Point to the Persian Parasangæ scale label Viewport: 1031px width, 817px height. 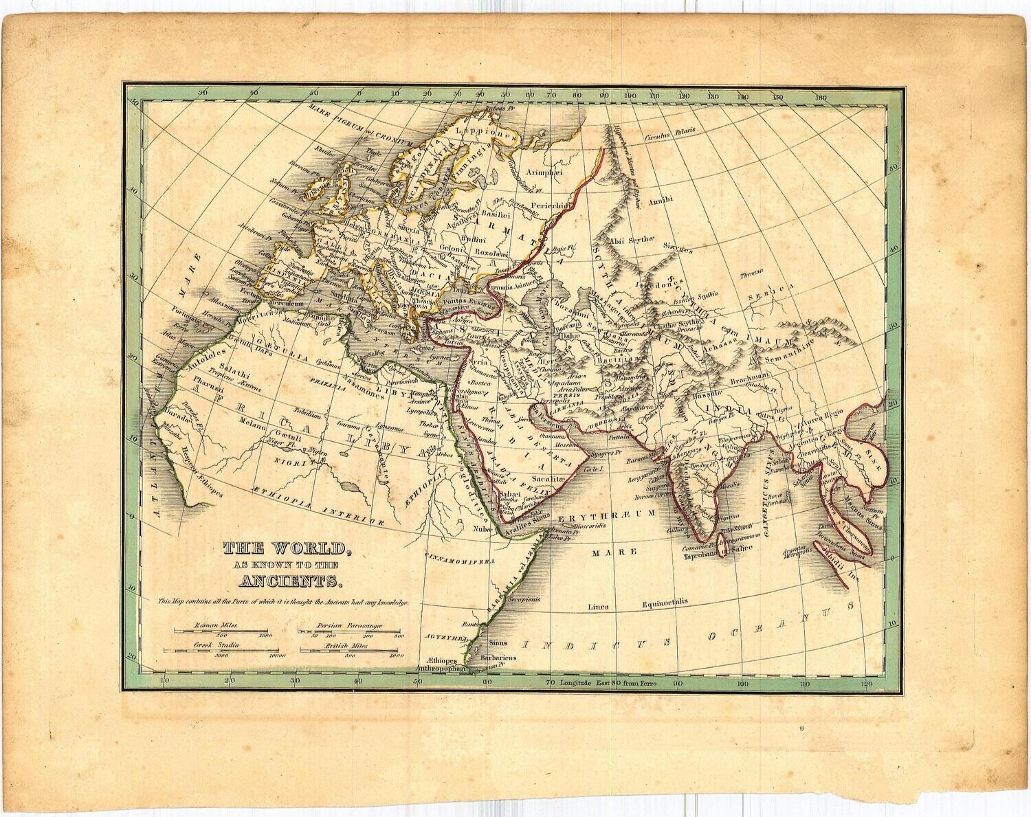pos(349,626)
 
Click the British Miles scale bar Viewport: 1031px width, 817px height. pos(349,650)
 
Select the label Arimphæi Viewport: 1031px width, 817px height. pos(544,172)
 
